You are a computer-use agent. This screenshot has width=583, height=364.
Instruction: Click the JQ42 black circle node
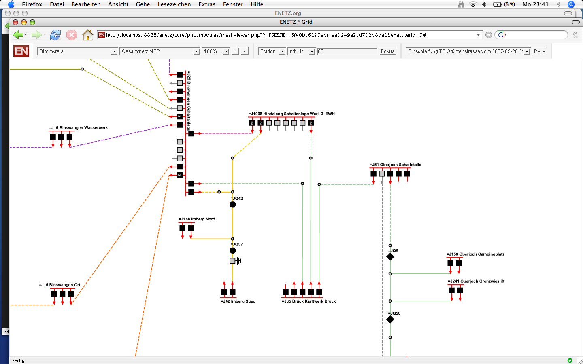(233, 205)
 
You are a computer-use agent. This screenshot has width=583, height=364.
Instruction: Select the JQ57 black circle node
(233, 250)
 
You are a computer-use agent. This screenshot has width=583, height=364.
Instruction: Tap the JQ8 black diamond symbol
(390, 257)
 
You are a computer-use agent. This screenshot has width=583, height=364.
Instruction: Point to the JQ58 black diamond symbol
(390, 320)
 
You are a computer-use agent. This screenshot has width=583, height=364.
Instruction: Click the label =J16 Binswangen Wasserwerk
(79, 128)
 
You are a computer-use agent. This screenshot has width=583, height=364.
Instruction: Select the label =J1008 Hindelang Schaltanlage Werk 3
(286, 114)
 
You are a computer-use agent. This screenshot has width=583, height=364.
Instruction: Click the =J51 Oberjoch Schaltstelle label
(395, 165)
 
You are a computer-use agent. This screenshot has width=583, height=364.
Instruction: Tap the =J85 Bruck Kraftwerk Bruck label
(309, 301)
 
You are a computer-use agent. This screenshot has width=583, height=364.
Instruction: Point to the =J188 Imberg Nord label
(197, 219)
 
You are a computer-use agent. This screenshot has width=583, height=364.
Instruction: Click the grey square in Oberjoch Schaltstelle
(382, 174)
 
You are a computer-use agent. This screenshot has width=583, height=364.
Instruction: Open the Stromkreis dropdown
(77, 51)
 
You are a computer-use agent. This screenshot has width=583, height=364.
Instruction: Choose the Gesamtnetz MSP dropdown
(160, 51)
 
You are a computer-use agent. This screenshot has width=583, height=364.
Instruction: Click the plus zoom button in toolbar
(235, 51)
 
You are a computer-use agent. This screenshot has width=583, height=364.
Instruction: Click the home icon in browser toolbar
(88, 35)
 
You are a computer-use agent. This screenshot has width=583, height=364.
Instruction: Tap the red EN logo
(21, 51)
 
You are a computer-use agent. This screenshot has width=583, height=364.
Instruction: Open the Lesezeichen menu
(174, 4)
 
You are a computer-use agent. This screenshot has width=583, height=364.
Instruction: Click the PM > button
(539, 51)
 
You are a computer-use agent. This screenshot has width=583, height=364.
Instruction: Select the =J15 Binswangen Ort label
(60, 285)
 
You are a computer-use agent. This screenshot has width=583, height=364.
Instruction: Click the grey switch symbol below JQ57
(235, 261)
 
